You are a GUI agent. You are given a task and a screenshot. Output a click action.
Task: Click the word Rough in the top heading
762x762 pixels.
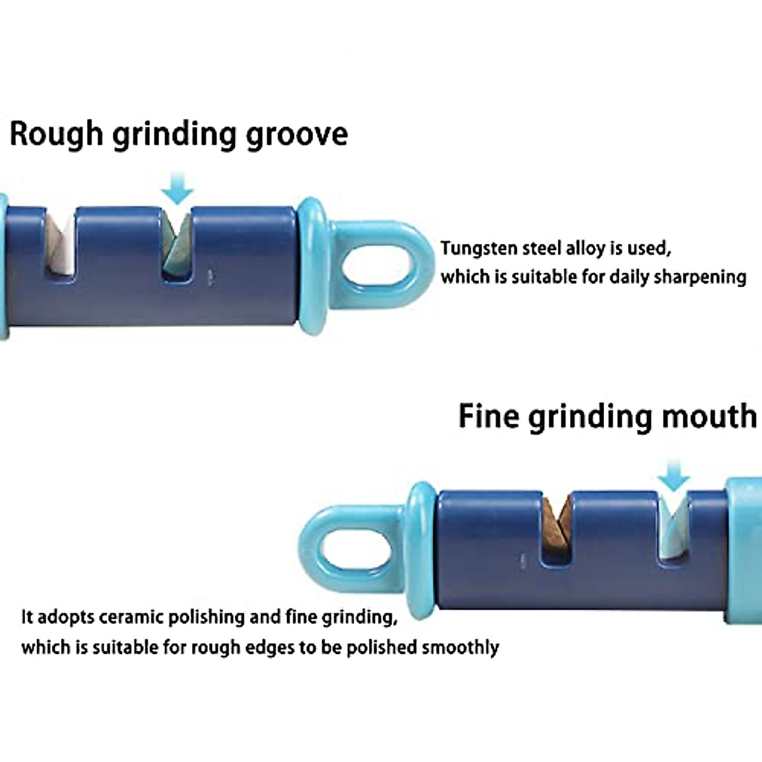click(56, 134)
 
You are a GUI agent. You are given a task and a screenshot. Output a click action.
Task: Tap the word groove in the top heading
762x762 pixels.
click(297, 135)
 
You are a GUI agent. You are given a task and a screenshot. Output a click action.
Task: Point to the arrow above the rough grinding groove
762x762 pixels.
click(177, 188)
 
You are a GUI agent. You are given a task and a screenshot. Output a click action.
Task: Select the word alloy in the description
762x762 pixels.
click(585, 248)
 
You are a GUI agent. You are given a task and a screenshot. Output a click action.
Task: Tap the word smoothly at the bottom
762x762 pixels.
click(460, 648)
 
